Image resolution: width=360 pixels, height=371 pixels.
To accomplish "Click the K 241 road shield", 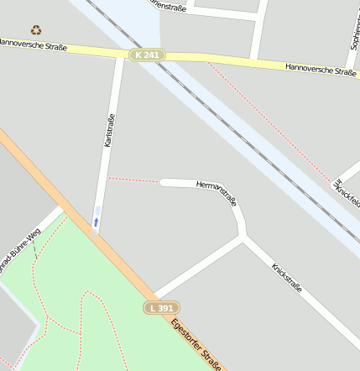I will (x=148, y=55).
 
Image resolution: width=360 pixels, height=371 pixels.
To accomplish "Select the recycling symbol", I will (x=36, y=30).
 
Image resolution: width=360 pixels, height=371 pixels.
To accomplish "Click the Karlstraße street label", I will (x=109, y=130).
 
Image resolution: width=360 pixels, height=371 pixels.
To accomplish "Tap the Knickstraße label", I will (x=286, y=278).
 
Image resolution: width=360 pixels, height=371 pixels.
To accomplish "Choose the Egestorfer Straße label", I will (x=196, y=344).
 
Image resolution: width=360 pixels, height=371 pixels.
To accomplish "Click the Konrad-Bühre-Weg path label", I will (x=18, y=251).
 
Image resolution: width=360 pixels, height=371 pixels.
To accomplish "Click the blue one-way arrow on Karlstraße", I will (x=96, y=222).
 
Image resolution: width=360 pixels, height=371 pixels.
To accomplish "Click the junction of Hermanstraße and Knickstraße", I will (x=243, y=237).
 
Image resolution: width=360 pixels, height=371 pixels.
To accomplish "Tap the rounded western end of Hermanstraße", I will (x=164, y=182).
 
